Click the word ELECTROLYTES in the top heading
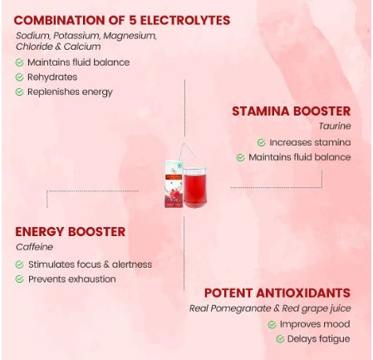coord(185,20)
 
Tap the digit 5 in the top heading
coord(132,20)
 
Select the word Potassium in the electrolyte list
coord(76,36)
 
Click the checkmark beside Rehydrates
coord(19,77)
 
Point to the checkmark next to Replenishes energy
coord(19,91)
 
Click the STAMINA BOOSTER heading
coord(292,111)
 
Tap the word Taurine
coord(335,126)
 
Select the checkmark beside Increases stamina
coord(262,142)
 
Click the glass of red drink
coord(194,187)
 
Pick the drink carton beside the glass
coord(174,184)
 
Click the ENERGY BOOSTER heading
coord(71,232)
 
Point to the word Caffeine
coord(34,247)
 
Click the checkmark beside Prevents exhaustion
coord(19,279)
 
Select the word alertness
coord(132,264)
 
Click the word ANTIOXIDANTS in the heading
coord(303,293)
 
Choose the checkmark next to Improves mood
coord(272,324)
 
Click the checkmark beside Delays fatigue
coord(280,338)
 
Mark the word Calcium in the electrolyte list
coord(82,47)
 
